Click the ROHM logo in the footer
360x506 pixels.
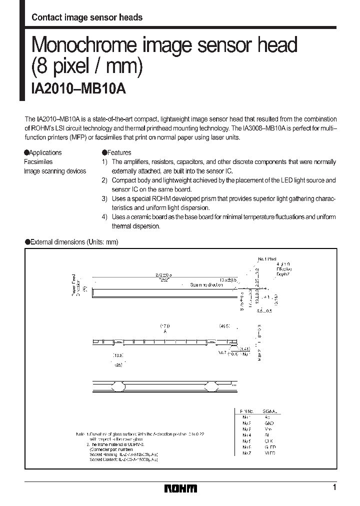pyautogui.click(x=180, y=488)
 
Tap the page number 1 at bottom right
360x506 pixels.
pyautogui.click(x=334, y=487)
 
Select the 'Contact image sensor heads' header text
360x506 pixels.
pyautogui.click(x=87, y=17)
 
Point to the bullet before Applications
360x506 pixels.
pyautogui.click(x=26, y=153)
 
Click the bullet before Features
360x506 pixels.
pyautogui.click(x=104, y=153)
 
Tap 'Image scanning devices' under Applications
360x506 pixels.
pyautogui.click(x=55, y=171)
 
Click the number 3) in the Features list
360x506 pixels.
pyautogui.click(x=104, y=198)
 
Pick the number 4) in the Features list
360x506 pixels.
pyautogui.click(x=104, y=217)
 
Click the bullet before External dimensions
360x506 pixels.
pyautogui.click(x=27, y=242)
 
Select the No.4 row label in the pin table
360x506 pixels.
pyautogui.click(x=245, y=435)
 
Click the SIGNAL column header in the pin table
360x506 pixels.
pyautogui.click(x=271, y=410)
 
